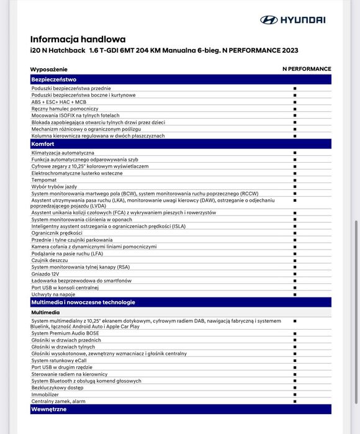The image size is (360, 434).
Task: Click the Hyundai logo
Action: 292,20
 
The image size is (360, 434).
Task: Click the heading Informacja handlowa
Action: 78,39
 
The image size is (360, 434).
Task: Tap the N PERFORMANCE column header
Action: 307,69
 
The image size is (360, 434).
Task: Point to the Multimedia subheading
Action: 46,312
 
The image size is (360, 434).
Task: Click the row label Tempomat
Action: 44,179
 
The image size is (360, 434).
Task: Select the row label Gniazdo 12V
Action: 46,274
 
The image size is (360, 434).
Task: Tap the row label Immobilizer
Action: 45,394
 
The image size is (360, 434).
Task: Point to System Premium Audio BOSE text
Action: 65,333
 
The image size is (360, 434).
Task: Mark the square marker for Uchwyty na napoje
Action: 295,294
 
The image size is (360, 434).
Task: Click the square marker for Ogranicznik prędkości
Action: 295,233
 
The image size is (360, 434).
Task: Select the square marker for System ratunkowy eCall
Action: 295,361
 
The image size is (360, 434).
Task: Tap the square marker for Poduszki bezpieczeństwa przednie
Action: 295,89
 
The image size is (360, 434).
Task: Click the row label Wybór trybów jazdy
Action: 54,186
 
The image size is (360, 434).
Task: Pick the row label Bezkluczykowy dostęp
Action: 56,387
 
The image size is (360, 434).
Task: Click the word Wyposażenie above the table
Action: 49,69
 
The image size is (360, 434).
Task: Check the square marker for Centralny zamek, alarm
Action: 295,401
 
